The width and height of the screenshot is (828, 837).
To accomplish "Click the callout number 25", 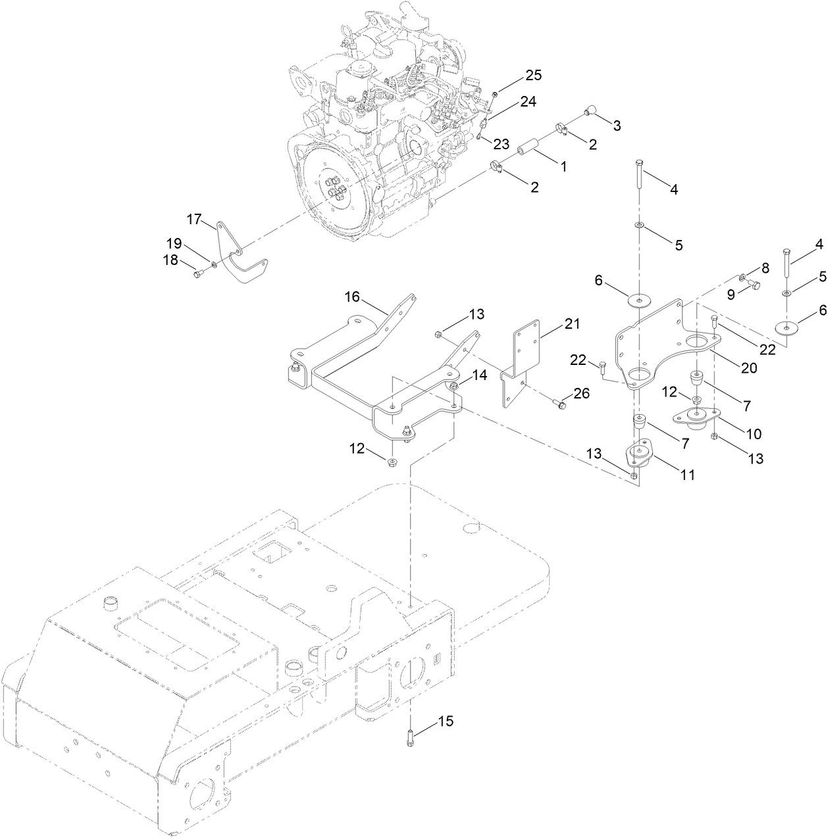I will tap(532, 76).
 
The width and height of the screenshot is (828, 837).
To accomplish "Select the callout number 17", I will tap(194, 220).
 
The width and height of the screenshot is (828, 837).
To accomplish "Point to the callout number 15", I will tap(446, 721).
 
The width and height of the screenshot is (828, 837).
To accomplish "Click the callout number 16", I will tap(352, 297).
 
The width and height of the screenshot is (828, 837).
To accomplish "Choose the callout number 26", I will tap(581, 394).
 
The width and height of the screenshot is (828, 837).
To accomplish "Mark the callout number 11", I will tap(687, 474).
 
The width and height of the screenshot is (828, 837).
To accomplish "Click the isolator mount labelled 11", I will tap(638, 456).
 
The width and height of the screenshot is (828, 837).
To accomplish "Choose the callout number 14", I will tap(480, 375).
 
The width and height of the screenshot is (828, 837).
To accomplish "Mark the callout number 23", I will tap(502, 144).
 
